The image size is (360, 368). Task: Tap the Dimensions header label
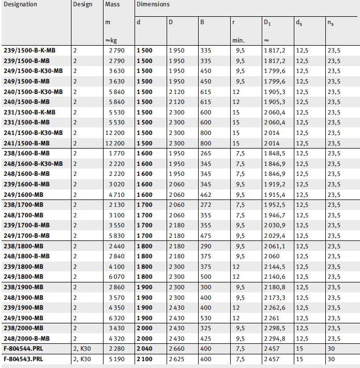tap(152, 5)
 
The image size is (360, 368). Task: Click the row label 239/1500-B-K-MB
tap(29, 50)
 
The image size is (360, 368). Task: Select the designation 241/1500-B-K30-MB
tap(33, 133)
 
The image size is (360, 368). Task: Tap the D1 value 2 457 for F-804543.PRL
tap(272, 359)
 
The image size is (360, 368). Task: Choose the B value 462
tap(205, 194)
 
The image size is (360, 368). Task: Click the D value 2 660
tap(177, 349)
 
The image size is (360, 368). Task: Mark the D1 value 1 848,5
tap(275, 153)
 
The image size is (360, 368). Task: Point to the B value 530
tap(205, 318)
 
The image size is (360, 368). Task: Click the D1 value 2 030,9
tap(275, 225)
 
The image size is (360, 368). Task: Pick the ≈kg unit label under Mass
tap(112, 40)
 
